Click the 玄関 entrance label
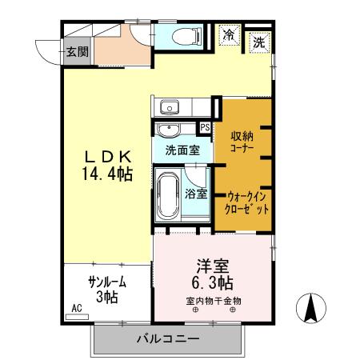(78, 52)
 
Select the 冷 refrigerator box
(230, 35)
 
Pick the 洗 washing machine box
(259, 42)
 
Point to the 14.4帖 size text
(105, 172)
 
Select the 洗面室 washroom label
(182, 149)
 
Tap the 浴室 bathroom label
(197, 193)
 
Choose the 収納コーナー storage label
(243, 141)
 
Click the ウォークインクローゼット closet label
(246, 201)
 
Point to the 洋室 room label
(214, 266)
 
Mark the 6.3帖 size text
(213, 283)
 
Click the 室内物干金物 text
(214, 301)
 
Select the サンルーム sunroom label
(107, 282)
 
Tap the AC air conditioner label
(77, 308)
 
